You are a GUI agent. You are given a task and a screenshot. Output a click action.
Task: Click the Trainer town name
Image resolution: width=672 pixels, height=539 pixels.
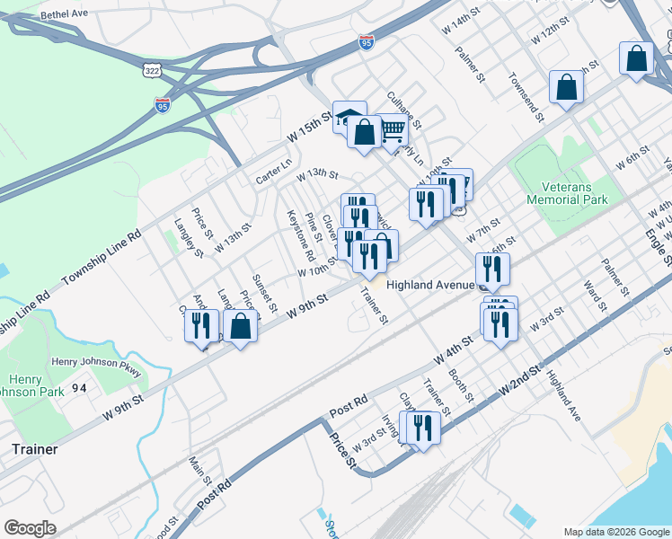point(35,448)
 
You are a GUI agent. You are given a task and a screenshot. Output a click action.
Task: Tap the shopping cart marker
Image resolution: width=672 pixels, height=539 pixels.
point(392,131)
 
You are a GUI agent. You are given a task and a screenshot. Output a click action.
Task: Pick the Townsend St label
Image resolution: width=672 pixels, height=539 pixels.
point(526,97)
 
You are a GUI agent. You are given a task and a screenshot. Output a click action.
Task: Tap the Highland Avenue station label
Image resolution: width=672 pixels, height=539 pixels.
point(429,285)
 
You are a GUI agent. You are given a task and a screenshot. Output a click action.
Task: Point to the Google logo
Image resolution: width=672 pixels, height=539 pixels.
point(30,528)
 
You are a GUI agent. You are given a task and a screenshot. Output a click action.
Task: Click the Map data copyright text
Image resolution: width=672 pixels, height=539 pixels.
point(615,532)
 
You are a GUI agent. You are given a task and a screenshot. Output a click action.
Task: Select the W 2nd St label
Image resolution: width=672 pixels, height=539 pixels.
point(520,382)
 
